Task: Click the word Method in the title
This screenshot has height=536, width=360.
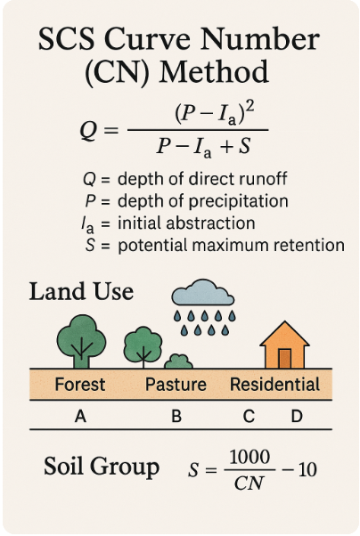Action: pos(214,72)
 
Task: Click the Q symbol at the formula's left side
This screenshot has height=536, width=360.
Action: pos(88,131)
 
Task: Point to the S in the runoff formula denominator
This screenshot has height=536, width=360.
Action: pos(244,146)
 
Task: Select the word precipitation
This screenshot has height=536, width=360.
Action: pos(239,201)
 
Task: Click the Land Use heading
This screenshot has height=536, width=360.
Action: pos(81,291)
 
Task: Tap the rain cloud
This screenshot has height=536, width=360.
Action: pos(203,293)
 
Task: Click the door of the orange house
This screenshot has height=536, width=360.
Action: pos(285,359)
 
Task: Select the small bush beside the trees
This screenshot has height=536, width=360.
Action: pos(178,361)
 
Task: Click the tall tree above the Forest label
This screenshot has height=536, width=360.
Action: pos(81,341)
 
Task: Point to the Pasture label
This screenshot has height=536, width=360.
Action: pos(176,385)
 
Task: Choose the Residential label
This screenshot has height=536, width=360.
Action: pos(274,385)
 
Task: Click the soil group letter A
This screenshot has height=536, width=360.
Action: pos(80,417)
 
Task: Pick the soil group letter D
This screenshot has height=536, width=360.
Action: pos(297,417)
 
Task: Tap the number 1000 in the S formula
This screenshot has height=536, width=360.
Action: pos(250,457)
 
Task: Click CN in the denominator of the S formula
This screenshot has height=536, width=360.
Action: pos(249,483)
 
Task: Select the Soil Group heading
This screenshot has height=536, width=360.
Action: pos(102,467)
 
